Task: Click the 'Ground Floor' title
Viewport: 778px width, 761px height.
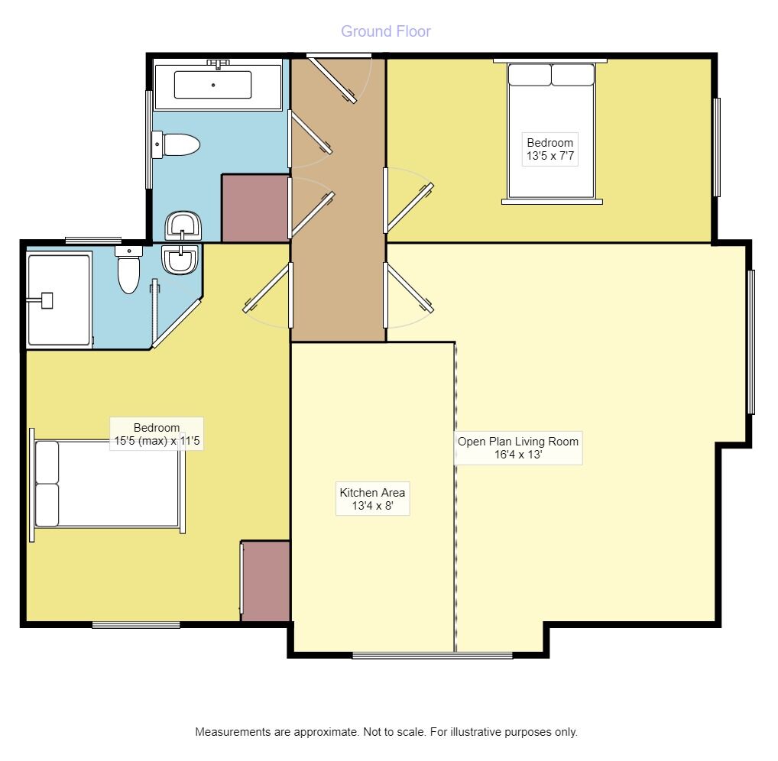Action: [x=385, y=31]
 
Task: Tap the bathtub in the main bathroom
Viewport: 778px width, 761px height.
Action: [x=212, y=85]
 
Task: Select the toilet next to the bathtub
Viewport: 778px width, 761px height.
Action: [x=178, y=144]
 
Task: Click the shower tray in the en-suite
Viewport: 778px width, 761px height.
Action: [x=59, y=300]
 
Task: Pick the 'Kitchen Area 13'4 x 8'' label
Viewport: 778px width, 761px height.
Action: [x=372, y=499]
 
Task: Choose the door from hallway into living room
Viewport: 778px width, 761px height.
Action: [x=409, y=288]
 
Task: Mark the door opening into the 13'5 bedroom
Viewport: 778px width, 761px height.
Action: [x=410, y=206]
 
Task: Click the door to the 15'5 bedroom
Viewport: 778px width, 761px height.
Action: [x=267, y=288]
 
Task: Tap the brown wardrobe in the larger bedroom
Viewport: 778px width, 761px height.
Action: [x=265, y=581]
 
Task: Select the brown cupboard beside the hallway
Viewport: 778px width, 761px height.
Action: [x=254, y=208]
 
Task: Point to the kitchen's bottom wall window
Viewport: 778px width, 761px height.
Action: [x=432, y=655]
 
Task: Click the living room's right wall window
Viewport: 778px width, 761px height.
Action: [x=751, y=342]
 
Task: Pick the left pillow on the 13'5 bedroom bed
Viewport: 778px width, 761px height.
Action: [x=530, y=75]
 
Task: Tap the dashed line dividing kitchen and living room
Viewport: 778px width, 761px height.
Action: [x=455, y=497]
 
